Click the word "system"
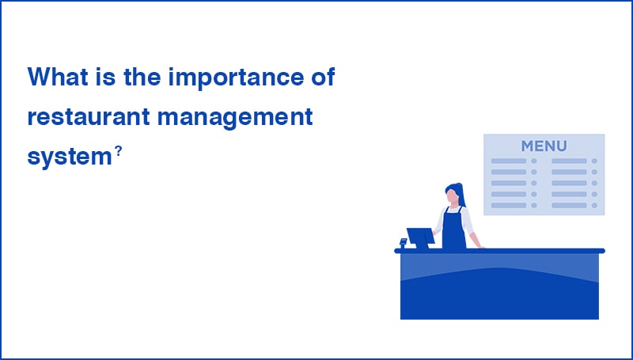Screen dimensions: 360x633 67,157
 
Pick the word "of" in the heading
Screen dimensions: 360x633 320,78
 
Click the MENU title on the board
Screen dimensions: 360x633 544,146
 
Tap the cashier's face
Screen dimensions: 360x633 453,196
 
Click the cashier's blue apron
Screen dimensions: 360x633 453,229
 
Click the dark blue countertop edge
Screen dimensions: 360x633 499,251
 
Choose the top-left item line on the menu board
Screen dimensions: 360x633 508,161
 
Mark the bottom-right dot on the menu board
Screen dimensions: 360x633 596,205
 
